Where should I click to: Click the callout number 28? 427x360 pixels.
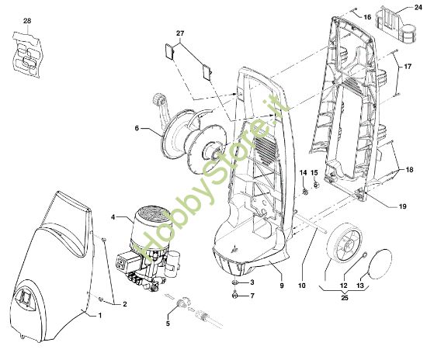tap(27, 19)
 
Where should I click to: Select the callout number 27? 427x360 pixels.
tap(181, 33)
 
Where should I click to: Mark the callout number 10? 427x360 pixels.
tap(303, 275)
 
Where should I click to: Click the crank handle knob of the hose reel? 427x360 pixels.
tap(160, 99)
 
